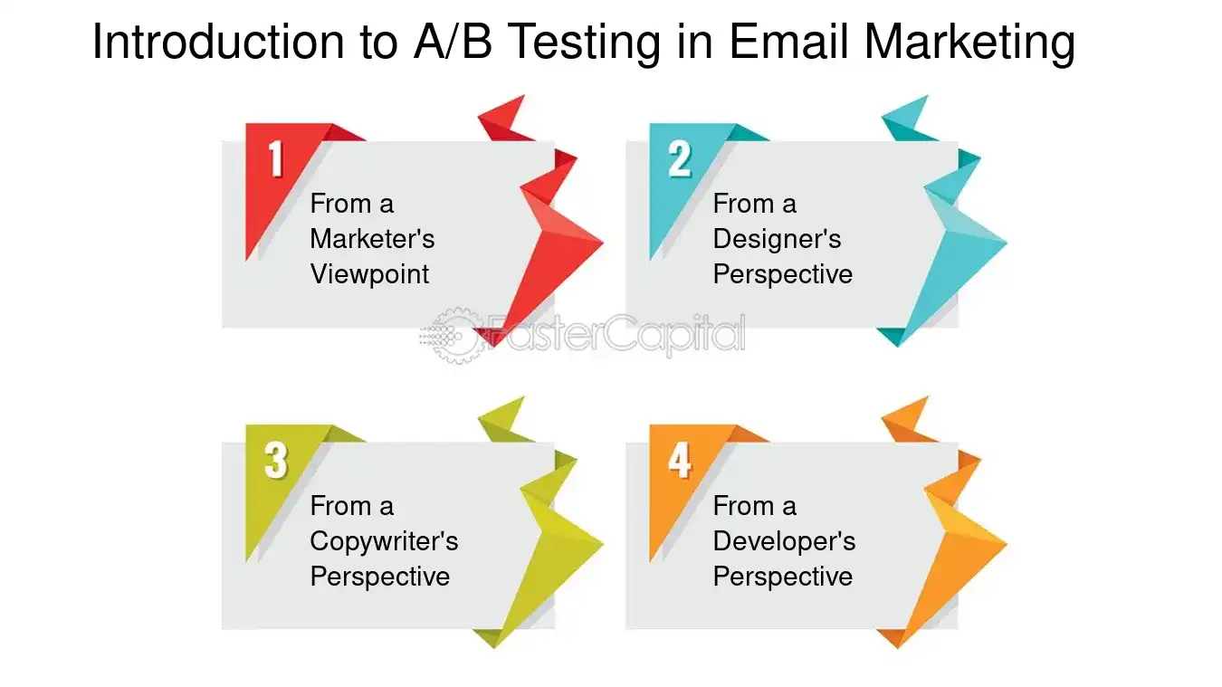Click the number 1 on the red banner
click(x=276, y=159)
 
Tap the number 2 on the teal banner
click(x=680, y=159)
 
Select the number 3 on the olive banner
click(x=276, y=461)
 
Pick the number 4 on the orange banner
click(x=680, y=461)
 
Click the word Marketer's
click(x=372, y=239)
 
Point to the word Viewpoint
click(x=369, y=274)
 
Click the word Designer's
click(x=777, y=239)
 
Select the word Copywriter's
click(x=384, y=541)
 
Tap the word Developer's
click(x=784, y=541)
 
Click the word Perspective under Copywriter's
click(x=379, y=577)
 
